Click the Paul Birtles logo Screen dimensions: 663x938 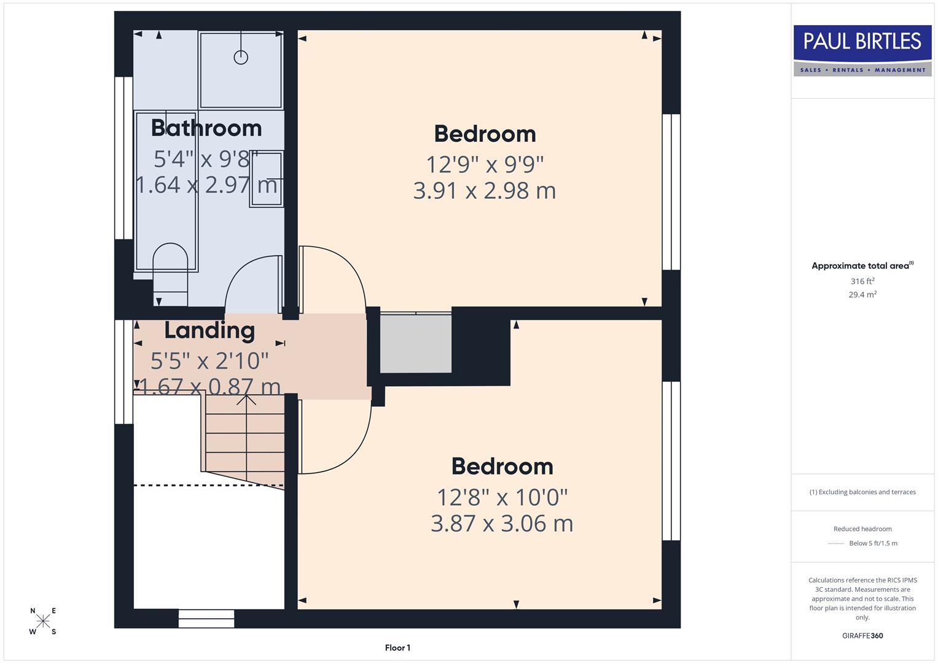click(x=862, y=50)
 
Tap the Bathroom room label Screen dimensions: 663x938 click(x=206, y=128)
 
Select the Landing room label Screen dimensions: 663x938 click(x=209, y=330)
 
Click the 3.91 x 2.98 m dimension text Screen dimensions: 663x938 click(x=485, y=191)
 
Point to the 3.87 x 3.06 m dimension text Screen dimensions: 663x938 click(x=502, y=524)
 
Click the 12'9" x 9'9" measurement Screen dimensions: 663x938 click(x=485, y=165)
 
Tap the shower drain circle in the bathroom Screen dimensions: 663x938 click(x=241, y=57)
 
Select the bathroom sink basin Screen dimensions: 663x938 click(x=266, y=179)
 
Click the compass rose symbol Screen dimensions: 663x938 click(x=43, y=621)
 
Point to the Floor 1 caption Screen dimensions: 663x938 click(x=397, y=648)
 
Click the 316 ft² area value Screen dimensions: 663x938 click(x=862, y=281)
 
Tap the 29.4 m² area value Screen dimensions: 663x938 click(x=862, y=295)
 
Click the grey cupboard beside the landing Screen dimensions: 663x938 click(x=416, y=343)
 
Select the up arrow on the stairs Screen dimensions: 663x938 click(x=246, y=400)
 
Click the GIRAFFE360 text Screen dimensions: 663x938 click(x=862, y=635)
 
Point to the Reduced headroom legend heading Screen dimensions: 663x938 click(x=862, y=529)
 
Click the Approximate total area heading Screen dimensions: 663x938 click(x=861, y=266)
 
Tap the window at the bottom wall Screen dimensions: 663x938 click(x=206, y=619)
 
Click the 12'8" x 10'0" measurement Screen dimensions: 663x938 click(x=502, y=497)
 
